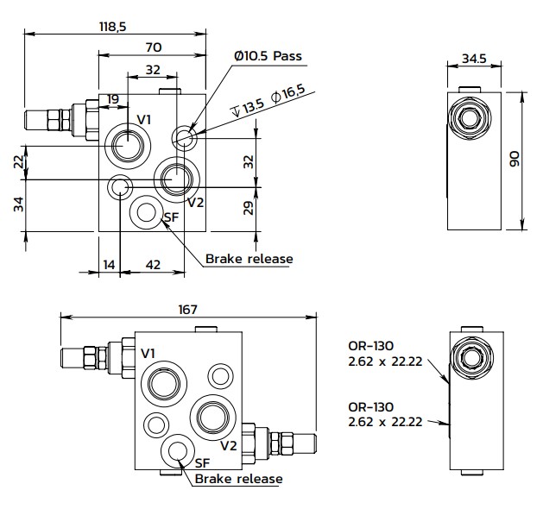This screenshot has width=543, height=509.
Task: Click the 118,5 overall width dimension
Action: click(x=112, y=27)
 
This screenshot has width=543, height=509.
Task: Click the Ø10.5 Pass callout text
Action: click(x=267, y=56)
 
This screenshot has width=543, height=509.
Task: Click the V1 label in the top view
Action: click(x=145, y=119)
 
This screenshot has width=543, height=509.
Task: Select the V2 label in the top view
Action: click(x=195, y=203)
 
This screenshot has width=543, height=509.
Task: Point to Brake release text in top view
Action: click(x=249, y=258)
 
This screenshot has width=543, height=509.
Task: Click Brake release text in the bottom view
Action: click(x=239, y=479)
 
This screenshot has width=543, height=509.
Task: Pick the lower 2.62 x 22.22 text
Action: click(x=383, y=422)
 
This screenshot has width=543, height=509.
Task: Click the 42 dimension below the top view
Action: click(x=152, y=265)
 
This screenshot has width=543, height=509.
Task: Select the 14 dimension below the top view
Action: click(x=109, y=265)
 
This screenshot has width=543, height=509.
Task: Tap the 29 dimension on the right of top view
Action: click(x=248, y=208)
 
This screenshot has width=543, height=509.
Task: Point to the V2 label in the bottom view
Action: click(x=228, y=445)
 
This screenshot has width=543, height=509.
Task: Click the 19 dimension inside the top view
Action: click(x=113, y=100)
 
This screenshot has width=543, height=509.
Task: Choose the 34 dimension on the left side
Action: click(x=19, y=204)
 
